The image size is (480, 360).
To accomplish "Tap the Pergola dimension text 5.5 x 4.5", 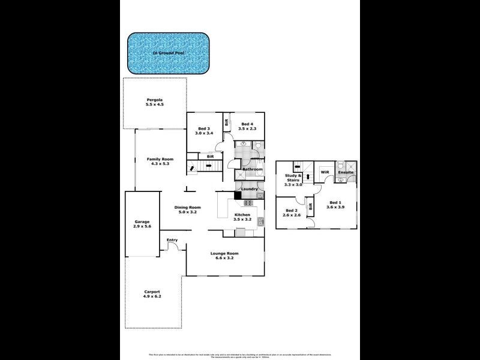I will (x=154, y=104).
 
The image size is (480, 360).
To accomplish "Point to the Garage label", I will (x=142, y=221).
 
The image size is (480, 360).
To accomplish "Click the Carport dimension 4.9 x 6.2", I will (x=152, y=296).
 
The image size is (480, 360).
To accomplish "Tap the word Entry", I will (x=172, y=240).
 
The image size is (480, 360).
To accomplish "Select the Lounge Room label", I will (x=224, y=253).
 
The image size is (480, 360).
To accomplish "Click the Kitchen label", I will (x=242, y=214).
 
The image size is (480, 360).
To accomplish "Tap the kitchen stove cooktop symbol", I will (x=247, y=202).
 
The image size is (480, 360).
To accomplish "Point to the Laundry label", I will (x=250, y=189).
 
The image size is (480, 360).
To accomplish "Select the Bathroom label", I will (x=253, y=169).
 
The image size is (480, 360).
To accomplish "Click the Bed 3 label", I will (x=204, y=128).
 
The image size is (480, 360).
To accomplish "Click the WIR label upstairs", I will (x=325, y=172).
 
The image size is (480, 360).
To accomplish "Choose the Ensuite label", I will (x=346, y=172).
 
